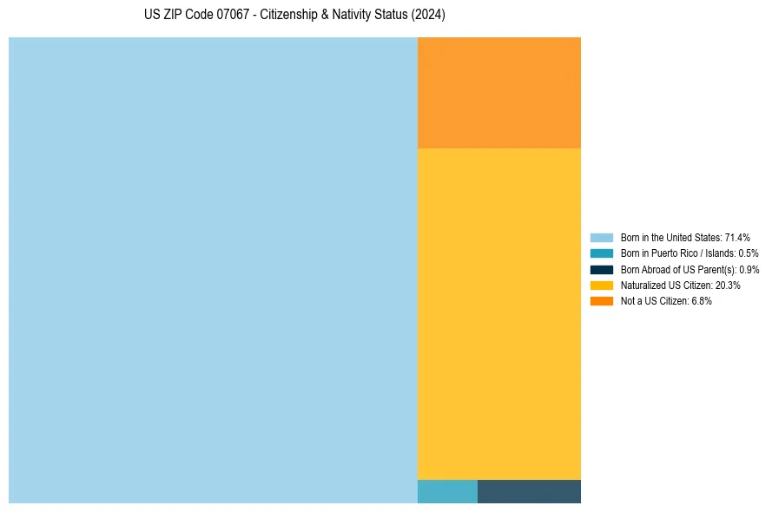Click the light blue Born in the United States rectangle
(x=213, y=270)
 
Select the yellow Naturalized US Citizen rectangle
(x=499, y=313)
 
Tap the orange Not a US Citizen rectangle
(x=499, y=93)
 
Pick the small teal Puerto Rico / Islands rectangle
(x=447, y=491)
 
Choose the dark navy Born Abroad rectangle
(x=529, y=491)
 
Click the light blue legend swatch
(x=601, y=238)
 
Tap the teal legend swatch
(x=601, y=253)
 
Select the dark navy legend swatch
(x=601, y=269)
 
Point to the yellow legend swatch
(x=601, y=285)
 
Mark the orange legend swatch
(x=601, y=300)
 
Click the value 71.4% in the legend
(x=737, y=238)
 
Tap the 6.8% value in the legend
(x=702, y=300)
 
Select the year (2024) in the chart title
(x=428, y=16)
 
